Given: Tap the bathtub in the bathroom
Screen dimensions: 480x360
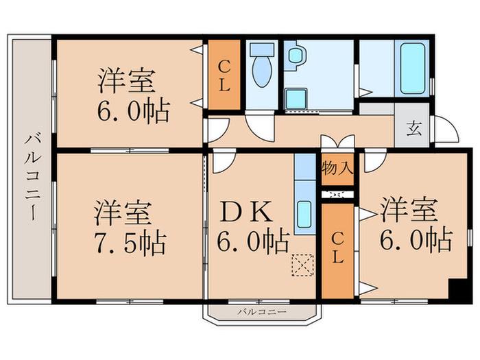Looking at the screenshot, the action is (x=413, y=69).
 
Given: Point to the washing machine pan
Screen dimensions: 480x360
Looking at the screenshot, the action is (x=296, y=99).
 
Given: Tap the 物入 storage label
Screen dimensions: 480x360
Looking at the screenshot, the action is (x=337, y=169).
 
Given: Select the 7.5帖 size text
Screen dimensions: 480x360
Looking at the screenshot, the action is (x=131, y=243).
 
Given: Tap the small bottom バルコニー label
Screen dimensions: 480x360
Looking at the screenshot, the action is (x=262, y=312).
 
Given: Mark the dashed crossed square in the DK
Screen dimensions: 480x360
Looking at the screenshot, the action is (x=302, y=265).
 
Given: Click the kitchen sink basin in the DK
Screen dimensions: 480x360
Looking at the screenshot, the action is (x=304, y=214).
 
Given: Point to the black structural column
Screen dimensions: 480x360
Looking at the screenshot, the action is (x=457, y=291).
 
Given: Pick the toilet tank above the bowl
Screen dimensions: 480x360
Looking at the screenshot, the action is (x=262, y=49).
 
